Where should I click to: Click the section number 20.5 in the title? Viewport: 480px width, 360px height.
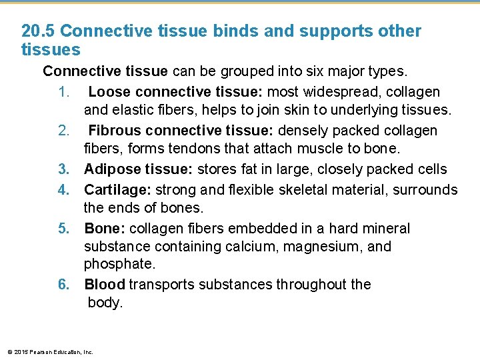(39, 31)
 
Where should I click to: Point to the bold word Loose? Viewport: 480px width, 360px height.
(109, 91)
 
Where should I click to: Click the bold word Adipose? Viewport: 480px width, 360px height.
(111, 169)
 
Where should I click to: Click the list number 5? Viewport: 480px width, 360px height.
(63, 229)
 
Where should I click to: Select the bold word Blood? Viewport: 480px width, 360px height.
(105, 285)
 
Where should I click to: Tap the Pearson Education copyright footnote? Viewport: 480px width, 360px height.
(50, 352)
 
